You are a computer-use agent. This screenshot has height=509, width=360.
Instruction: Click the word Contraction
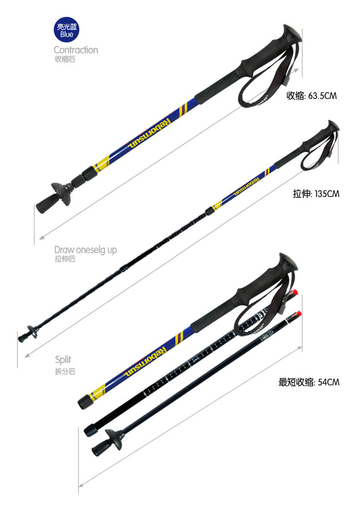[x=76, y=50]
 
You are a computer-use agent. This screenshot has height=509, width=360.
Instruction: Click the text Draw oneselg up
[x=86, y=249]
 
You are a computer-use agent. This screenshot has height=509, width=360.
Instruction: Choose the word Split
[x=63, y=359]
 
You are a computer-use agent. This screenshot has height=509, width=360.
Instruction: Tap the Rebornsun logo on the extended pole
[x=245, y=187]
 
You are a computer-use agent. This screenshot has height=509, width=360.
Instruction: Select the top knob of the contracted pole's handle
[x=292, y=32]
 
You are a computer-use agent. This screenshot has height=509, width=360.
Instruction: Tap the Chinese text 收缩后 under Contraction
[x=65, y=59]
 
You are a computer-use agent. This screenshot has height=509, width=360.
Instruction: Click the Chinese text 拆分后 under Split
[x=65, y=371]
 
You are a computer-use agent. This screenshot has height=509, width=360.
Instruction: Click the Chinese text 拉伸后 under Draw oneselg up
[x=65, y=259]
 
